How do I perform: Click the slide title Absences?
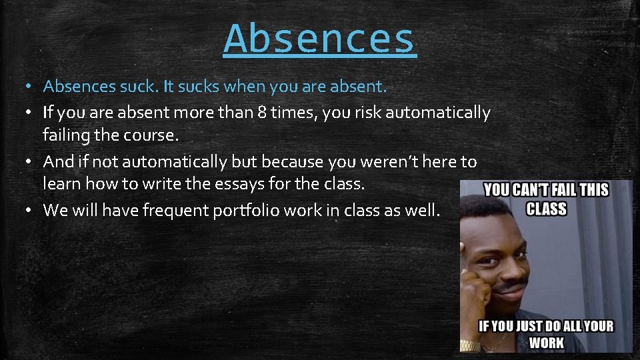coord(320,39)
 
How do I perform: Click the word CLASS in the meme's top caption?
coord(546,209)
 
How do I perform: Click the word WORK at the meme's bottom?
coord(546,343)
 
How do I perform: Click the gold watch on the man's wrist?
coord(470,345)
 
